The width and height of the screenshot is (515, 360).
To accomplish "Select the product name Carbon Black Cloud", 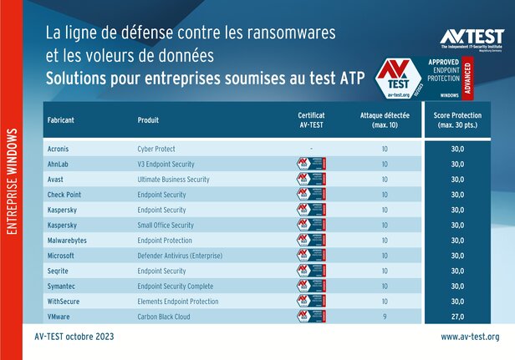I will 165,317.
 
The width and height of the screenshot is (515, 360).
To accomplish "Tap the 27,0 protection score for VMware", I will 457,317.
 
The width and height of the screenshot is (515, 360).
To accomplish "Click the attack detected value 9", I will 384,317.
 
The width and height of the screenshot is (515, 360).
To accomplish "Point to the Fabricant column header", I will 62,119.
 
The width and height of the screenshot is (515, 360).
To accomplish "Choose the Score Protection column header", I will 457,119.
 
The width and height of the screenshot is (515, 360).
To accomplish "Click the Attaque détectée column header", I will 384,119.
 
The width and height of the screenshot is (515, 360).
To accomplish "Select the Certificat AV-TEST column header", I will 311,119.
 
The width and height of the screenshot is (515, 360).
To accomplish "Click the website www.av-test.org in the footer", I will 470,337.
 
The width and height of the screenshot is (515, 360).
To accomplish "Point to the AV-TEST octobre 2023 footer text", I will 74,337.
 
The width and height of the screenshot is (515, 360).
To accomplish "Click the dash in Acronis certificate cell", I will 311,149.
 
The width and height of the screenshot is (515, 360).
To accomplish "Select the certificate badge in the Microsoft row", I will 311,256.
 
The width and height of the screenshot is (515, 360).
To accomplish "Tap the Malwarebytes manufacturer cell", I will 69,241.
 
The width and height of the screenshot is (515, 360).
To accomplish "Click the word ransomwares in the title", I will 286,34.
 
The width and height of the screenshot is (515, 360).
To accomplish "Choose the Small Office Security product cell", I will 166,225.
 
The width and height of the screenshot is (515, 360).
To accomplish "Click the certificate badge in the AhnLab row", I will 311,164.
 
